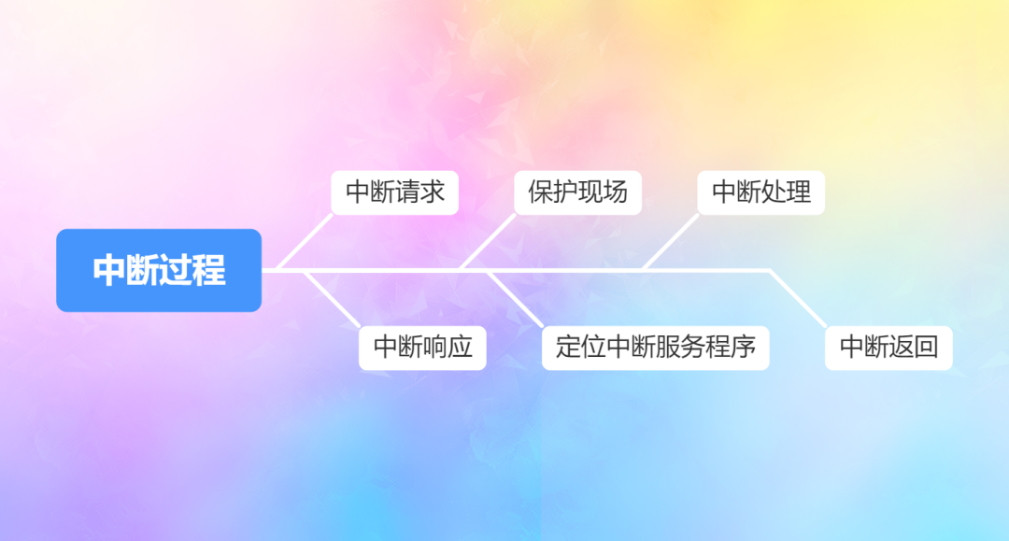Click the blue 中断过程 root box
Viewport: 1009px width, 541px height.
pyautogui.click(x=159, y=270)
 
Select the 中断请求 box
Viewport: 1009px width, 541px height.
pyautogui.click(x=395, y=192)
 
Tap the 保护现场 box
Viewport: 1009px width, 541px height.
pyautogui.click(x=577, y=192)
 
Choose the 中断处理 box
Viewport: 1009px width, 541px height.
pyautogui.click(x=760, y=192)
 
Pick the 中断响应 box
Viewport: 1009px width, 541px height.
pyautogui.click(x=422, y=347)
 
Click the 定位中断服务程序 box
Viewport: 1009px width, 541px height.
pyautogui.click(x=655, y=347)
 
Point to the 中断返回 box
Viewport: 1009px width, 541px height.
pyautogui.click(x=888, y=347)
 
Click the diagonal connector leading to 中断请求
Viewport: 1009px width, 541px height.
pyautogui.click(x=306, y=242)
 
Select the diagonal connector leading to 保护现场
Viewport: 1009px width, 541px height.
pyautogui.click(x=488, y=242)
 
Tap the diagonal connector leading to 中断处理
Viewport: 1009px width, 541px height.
pyautogui.click(x=670, y=242)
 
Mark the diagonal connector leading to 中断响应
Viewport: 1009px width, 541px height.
pyautogui.click(x=332, y=298)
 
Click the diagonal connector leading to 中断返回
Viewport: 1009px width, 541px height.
pyautogui.click(x=797, y=298)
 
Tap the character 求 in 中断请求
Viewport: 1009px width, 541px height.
pyautogui.click(x=433, y=192)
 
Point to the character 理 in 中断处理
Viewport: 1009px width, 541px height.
pyautogui.click(x=799, y=192)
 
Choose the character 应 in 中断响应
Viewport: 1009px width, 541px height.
pyautogui.click(x=461, y=347)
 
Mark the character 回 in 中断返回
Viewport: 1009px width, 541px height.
pyautogui.click(x=926, y=347)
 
